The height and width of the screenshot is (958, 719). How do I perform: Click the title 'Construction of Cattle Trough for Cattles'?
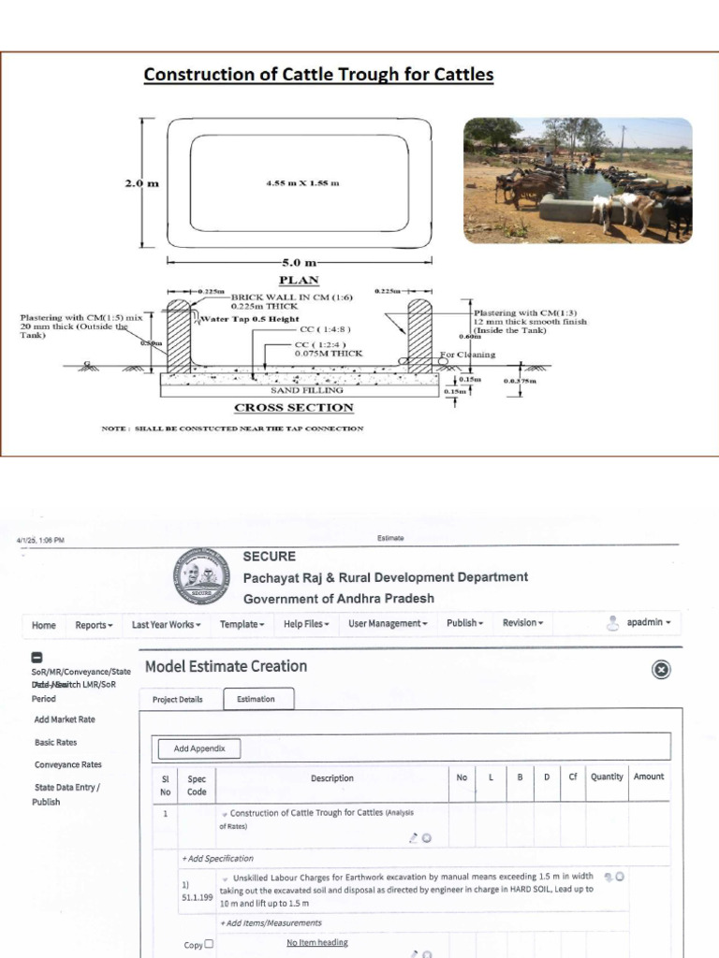pos(318,74)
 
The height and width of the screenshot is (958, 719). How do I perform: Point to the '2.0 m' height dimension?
pos(141,183)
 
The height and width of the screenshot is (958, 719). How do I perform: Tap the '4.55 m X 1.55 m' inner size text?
pos(302,182)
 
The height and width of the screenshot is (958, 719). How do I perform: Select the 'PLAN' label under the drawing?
pos(299,280)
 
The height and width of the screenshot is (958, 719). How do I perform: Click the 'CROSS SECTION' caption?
pos(293,408)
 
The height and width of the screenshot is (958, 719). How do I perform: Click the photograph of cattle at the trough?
pos(578,181)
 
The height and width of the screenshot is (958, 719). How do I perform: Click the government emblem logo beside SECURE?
pos(200,576)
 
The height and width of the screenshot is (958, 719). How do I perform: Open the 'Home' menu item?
pos(44,625)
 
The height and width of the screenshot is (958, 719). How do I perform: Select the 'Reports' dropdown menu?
pos(94,625)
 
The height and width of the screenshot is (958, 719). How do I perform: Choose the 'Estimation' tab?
pos(256,699)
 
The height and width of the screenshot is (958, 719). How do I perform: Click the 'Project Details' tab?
pos(178,699)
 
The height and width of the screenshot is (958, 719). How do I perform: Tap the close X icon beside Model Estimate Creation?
pos(661,669)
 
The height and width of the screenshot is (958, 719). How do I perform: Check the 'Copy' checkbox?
pos(209,944)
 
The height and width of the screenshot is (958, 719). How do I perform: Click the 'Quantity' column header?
pos(607,777)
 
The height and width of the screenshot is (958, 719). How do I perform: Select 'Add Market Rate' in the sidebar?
pos(65,719)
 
